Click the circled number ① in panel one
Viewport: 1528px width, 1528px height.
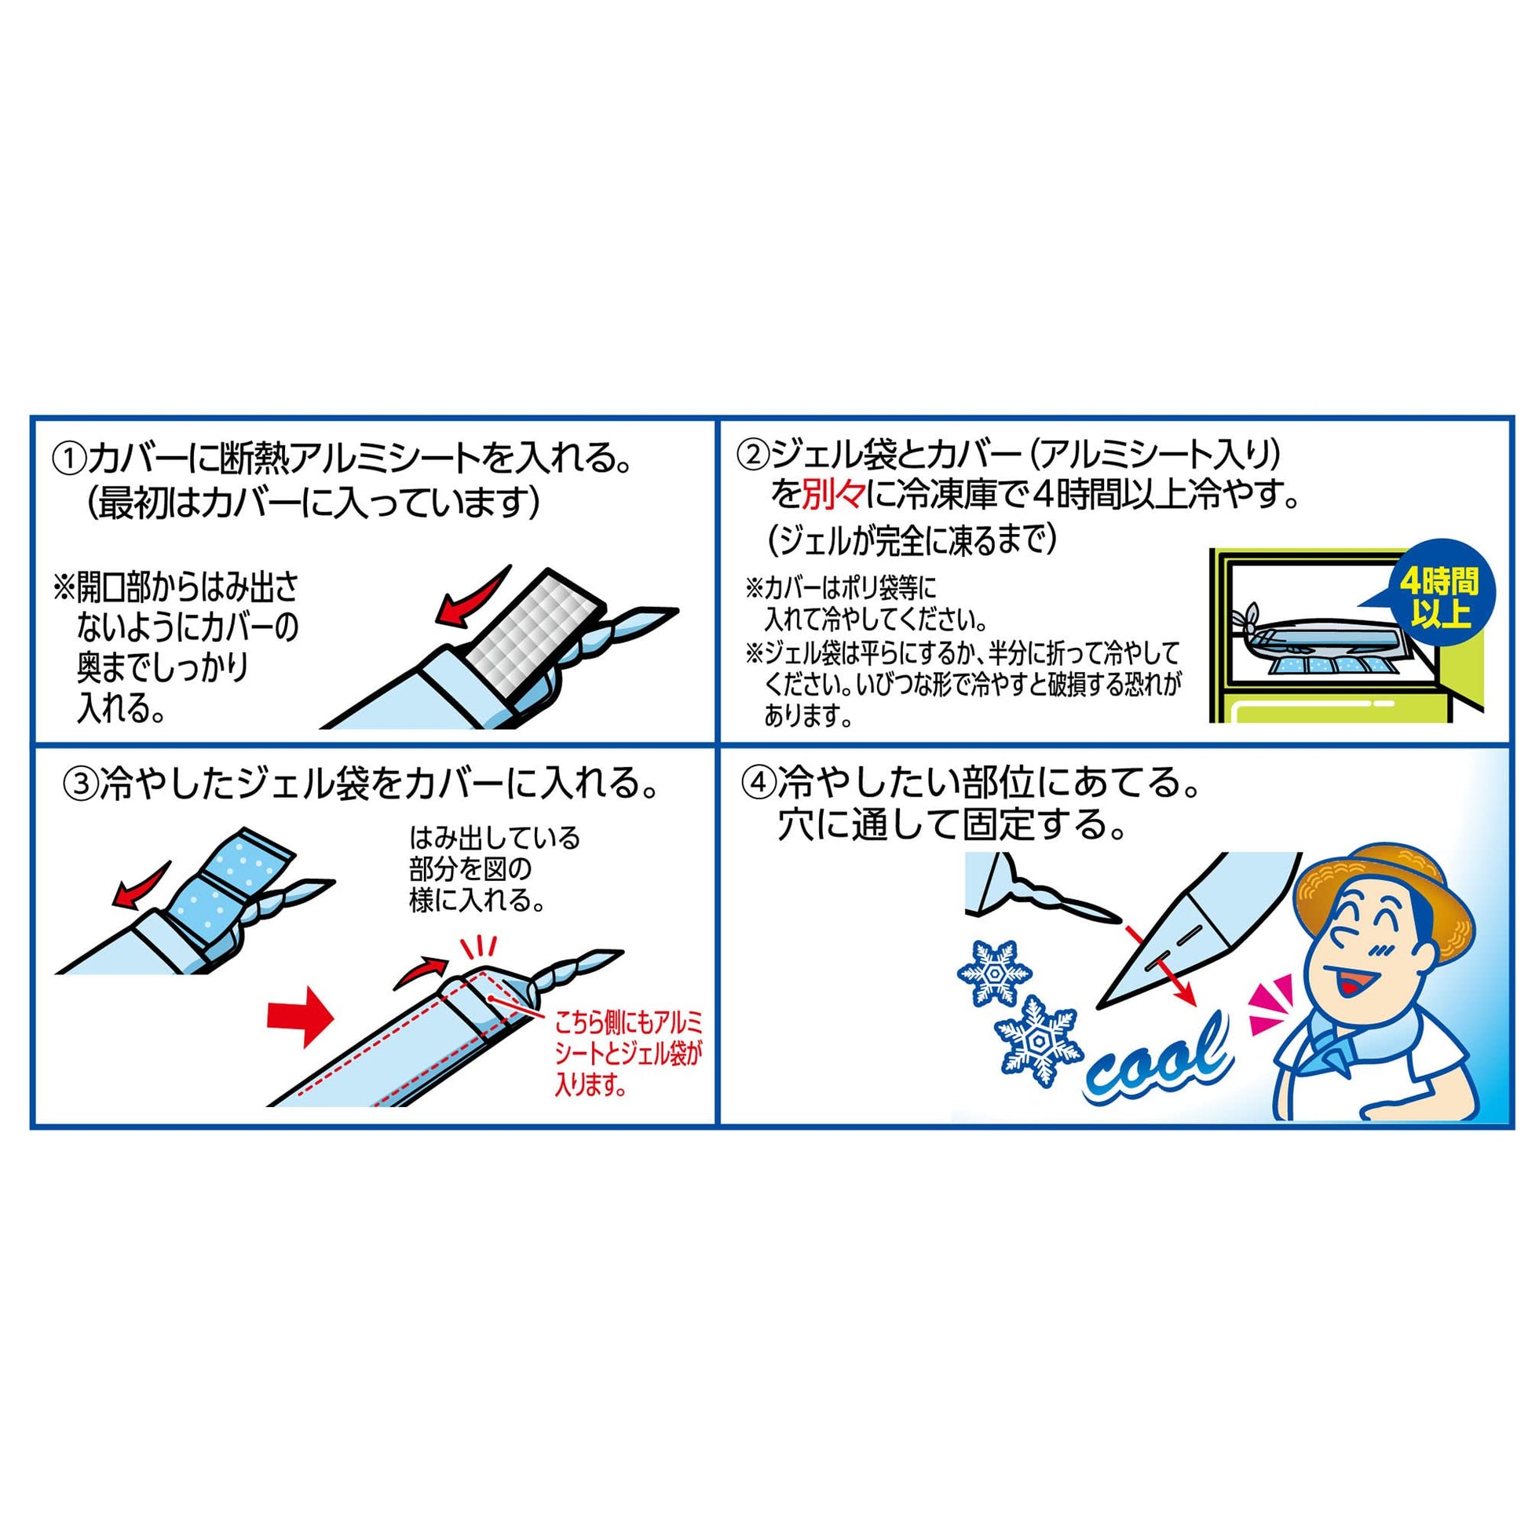[69, 459]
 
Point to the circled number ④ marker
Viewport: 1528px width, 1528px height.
[757, 784]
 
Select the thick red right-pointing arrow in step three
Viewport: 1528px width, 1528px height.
[302, 1015]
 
